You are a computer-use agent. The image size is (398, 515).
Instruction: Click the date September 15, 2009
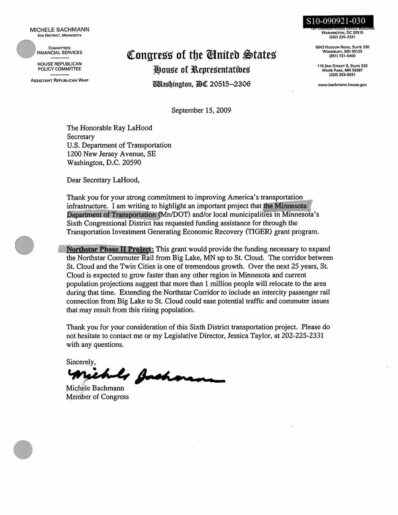[x=201, y=110]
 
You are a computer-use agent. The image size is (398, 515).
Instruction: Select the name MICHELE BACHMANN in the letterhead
[x=60, y=30]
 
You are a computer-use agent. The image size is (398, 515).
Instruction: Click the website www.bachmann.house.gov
[x=342, y=85]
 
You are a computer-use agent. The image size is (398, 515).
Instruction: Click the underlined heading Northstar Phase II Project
[x=110, y=249]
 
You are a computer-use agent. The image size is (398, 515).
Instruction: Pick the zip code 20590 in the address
[x=132, y=163]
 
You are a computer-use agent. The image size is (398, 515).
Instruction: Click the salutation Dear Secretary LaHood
[x=103, y=180]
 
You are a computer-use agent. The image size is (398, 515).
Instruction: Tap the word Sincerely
[x=81, y=362]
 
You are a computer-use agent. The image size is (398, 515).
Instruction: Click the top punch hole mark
[x=26, y=49]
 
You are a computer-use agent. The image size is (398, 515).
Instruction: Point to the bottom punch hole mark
[x=23, y=450]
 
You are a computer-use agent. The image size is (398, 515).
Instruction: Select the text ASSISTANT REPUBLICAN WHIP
[x=60, y=80]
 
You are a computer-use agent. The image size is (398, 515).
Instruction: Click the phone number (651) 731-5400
[x=342, y=56]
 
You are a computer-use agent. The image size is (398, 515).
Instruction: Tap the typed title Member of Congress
[x=97, y=397]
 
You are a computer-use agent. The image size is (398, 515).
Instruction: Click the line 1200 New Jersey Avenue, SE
[x=111, y=154]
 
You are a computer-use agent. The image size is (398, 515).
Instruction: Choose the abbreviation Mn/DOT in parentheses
[x=174, y=214]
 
